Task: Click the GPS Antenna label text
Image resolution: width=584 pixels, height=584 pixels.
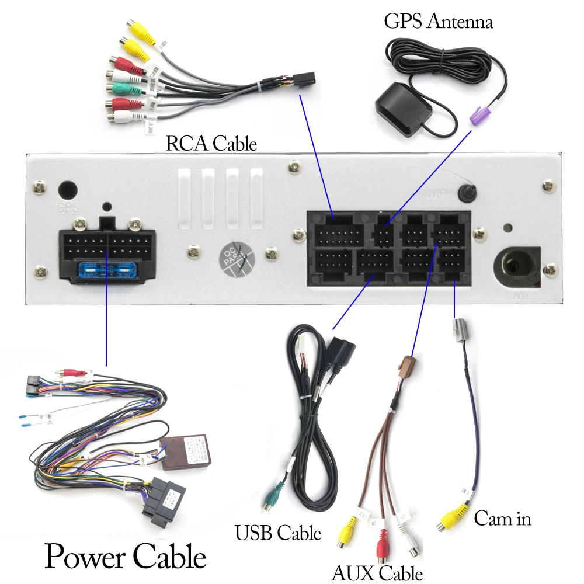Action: pyautogui.click(x=438, y=22)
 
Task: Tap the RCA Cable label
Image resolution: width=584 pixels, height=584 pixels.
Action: pyautogui.click(x=211, y=143)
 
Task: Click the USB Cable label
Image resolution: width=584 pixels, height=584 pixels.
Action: pyautogui.click(x=277, y=533)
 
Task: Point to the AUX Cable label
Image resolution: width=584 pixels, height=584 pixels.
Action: pyautogui.click(x=377, y=573)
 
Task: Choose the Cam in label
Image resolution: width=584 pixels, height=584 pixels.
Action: pyautogui.click(x=502, y=518)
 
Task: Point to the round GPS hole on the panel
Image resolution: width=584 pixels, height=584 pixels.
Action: pyautogui.click(x=67, y=191)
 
